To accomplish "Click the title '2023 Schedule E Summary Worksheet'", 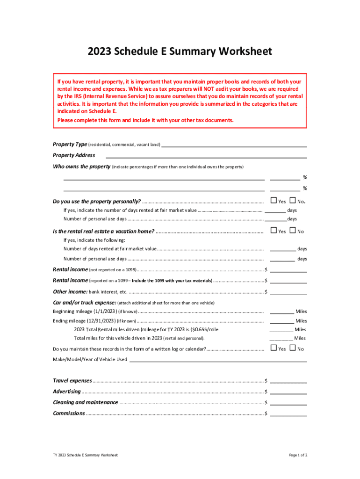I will [x=180, y=51].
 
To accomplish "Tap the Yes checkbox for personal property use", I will [x=274, y=201].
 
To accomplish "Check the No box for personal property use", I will [x=293, y=201].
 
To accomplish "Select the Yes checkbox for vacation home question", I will [x=274, y=231].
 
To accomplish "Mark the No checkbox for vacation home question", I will [x=293, y=231].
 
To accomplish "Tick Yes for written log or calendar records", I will [x=274, y=348].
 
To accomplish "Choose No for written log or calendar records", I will [x=293, y=348].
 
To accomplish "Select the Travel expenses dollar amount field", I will [x=288, y=381].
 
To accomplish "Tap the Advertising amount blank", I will [x=288, y=392].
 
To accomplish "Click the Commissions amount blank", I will [x=288, y=414].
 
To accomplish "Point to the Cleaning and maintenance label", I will [x=85, y=403].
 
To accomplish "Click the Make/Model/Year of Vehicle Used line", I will [x=218, y=360].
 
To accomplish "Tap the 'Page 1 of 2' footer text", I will [x=298, y=455].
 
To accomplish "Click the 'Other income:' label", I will [x=70, y=292].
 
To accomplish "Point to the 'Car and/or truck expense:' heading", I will [x=84, y=303].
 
